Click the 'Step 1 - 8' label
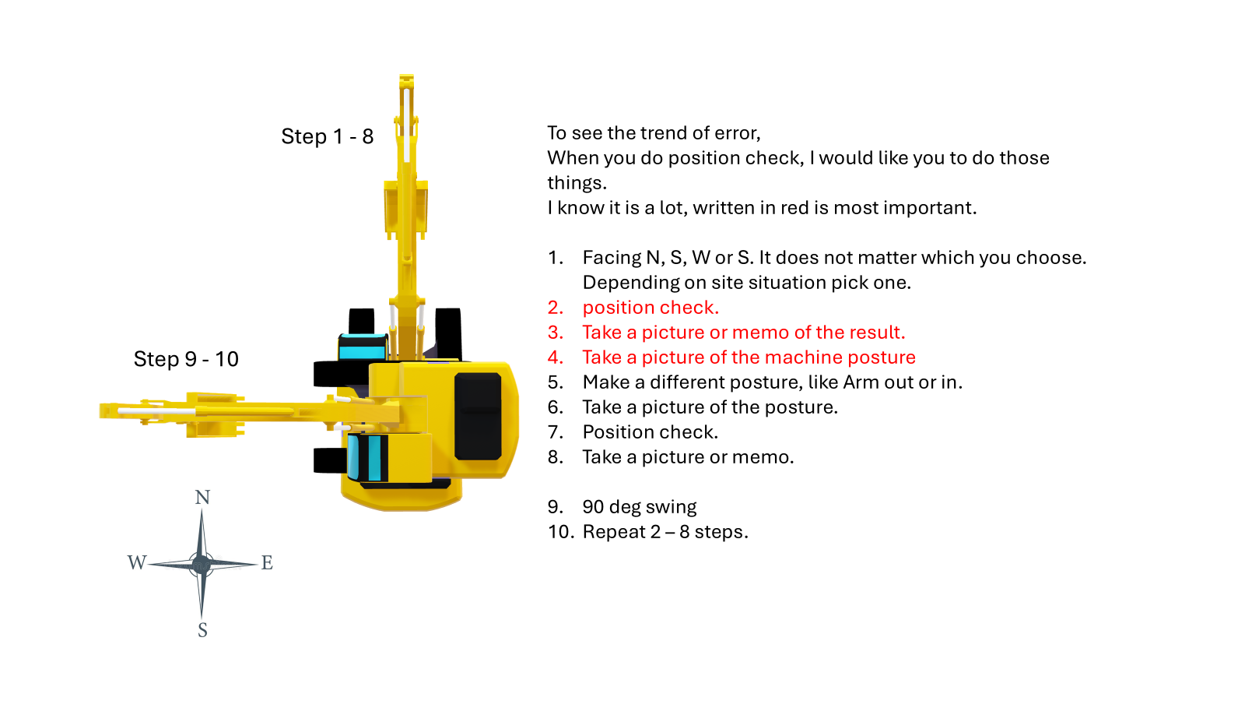point(327,136)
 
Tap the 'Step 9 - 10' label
point(186,359)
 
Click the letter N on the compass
point(202,497)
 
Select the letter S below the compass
point(202,630)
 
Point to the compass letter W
point(137,562)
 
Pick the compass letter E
point(267,562)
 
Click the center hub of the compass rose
point(202,564)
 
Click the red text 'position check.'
point(651,307)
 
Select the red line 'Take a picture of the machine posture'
point(749,358)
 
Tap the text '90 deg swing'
point(639,507)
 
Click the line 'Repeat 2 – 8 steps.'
point(665,532)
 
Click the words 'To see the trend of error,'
point(654,133)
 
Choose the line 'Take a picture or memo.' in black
point(688,456)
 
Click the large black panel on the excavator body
point(478,416)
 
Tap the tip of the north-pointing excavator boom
point(406,76)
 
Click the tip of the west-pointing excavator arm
point(101,410)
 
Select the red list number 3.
point(556,333)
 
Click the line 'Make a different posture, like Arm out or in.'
point(772,382)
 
